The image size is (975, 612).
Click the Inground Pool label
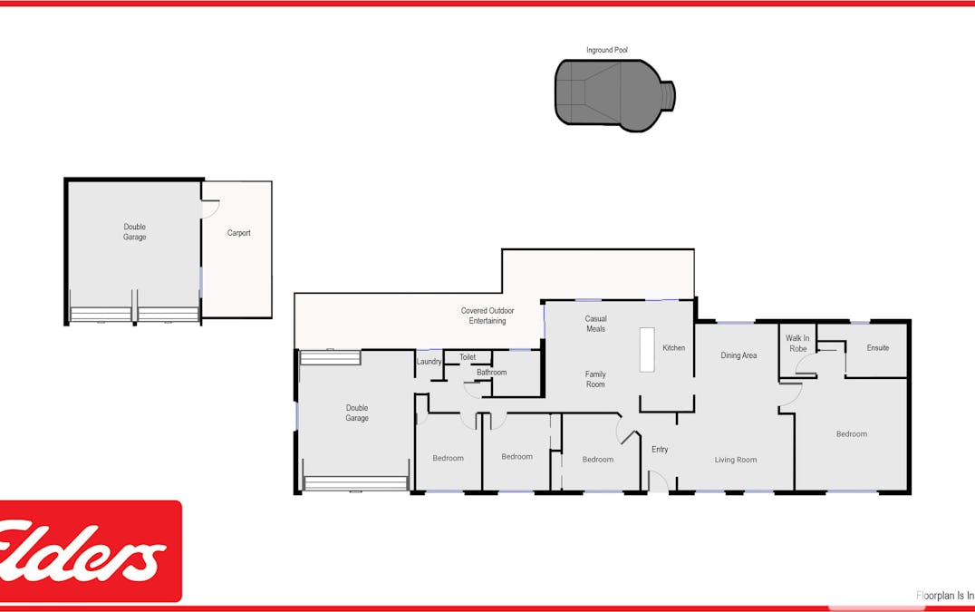[x=607, y=50]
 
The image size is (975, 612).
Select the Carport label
[x=238, y=233]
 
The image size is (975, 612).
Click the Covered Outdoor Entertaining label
[x=487, y=316]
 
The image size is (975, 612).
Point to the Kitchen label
[x=673, y=348]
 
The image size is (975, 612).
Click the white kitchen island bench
[x=646, y=349]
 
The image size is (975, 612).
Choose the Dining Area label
[x=738, y=355]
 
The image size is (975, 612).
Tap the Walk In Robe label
[x=797, y=343]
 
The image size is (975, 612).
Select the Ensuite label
[x=877, y=348]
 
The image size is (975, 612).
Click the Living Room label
[x=735, y=460]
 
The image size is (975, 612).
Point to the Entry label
[x=660, y=450]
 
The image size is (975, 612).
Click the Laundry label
[x=429, y=363]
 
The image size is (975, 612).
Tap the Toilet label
[x=467, y=357]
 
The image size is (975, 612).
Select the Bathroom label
[x=491, y=373]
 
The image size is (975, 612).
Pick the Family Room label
[x=595, y=379]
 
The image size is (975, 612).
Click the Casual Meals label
[x=595, y=324]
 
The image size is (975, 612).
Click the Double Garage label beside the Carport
[x=135, y=232]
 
